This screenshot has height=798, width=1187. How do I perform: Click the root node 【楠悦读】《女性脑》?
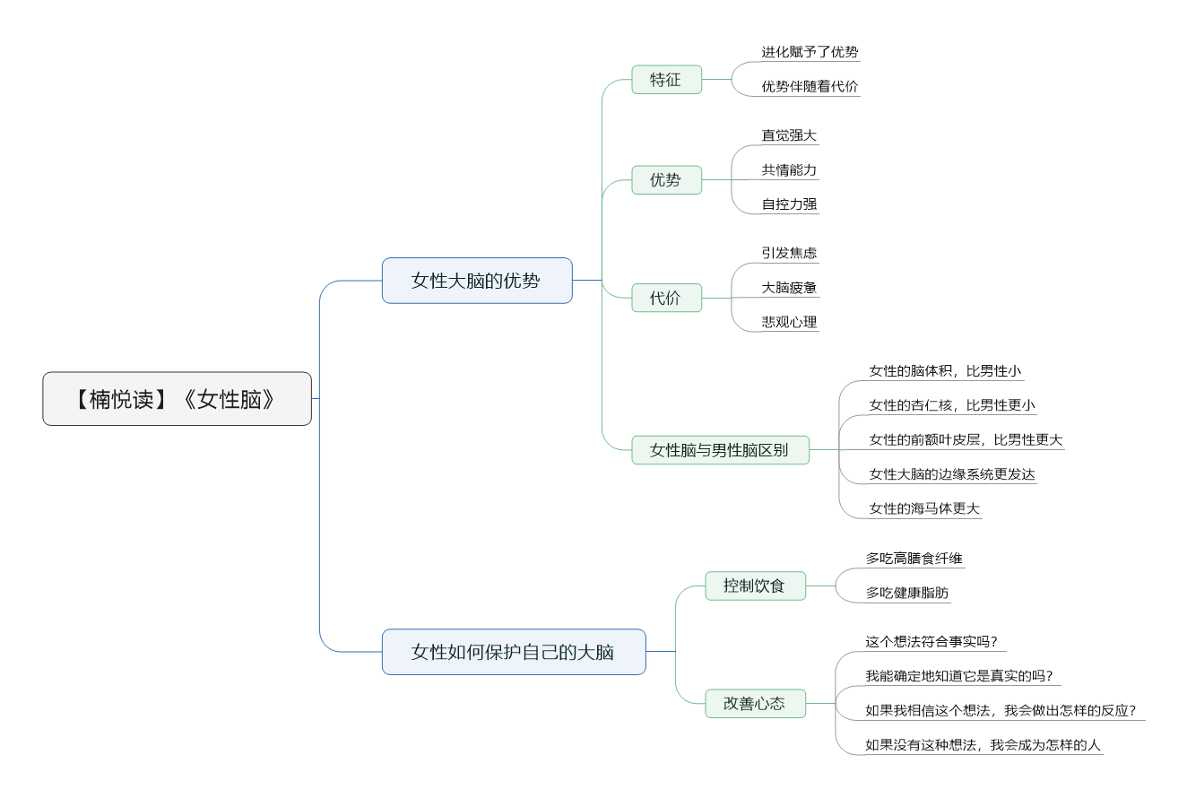(x=177, y=399)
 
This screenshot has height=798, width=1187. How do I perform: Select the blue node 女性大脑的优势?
(x=476, y=281)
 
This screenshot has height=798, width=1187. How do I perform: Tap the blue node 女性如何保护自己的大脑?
(x=513, y=652)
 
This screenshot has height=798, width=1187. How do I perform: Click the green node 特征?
(x=666, y=80)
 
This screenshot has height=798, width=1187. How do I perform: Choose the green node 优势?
(x=666, y=180)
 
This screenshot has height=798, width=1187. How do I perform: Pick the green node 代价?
(x=666, y=298)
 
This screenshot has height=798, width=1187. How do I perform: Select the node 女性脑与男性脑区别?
(x=720, y=450)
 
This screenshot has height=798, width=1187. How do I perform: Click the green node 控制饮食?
(x=755, y=586)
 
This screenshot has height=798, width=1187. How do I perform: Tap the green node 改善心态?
(x=755, y=704)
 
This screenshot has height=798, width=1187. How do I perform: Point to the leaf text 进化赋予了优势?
(x=810, y=52)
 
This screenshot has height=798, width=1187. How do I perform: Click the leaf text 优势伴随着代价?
(x=810, y=87)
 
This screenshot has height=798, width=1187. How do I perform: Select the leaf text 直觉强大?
(x=789, y=135)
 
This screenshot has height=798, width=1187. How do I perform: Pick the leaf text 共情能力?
(x=789, y=169)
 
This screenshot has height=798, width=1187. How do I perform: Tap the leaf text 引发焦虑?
(x=789, y=253)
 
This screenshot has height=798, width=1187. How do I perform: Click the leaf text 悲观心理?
(x=789, y=322)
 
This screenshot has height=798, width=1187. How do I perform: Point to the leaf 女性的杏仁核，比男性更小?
(x=951, y=405)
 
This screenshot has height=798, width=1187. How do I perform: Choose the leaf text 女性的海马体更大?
(x=924, y=508)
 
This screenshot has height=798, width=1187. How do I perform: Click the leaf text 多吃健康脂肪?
(x=906, y=593)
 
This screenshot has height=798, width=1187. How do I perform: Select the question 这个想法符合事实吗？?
(x=931, y=642)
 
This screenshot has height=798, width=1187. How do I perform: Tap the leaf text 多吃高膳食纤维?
(x=914, y=559)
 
